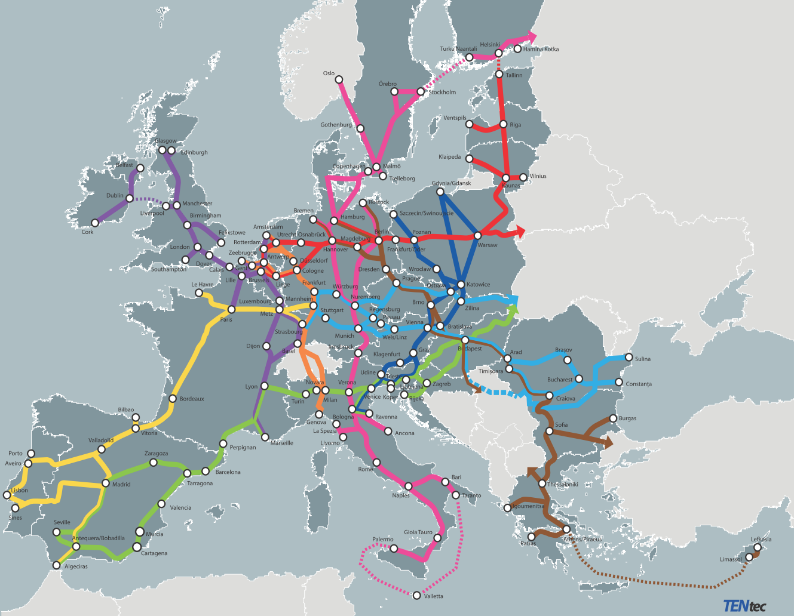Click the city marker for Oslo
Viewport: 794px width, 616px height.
click(339, 79)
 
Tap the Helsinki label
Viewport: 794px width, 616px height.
click(490, 45)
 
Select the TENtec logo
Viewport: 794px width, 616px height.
click(744, 606)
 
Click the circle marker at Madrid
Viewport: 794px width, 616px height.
click(106, 483)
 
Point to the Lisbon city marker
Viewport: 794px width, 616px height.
click(7, 495)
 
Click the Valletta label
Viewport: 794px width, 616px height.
click(434, 596)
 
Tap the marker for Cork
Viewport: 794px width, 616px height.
click(94, 223)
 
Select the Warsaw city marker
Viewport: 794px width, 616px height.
click(477, 236)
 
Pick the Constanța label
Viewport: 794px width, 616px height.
click(639, 384)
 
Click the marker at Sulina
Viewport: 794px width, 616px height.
click(629, 358)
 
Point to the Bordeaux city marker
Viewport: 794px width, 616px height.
click(173, 399)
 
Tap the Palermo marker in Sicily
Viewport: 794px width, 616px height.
click(393, 548)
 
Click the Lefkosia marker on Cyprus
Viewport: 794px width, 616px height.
click(757, 547)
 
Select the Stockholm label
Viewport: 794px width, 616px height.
click(442, 93)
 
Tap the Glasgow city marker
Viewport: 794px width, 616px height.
click(162, 150)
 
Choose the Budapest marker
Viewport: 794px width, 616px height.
click(465, 340)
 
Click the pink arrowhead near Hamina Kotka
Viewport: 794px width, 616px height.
click(532, 35)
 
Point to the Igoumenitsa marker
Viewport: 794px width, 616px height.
click(508, 508)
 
